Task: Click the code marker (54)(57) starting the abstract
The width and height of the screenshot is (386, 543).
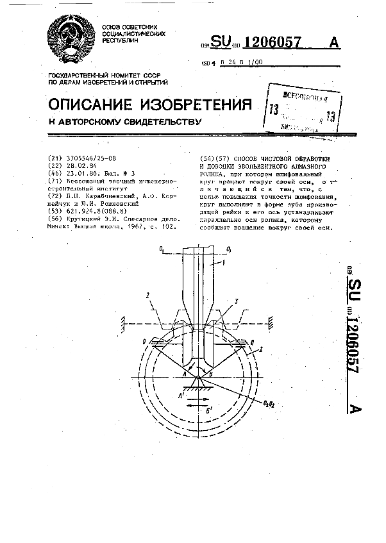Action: tap(215, 158)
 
